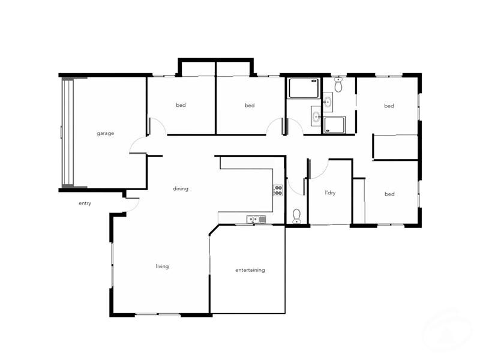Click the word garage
[x=105, y=133]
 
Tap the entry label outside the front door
[x=85, y=203]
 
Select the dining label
[x=181, y=188]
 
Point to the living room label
[x=162, y=266]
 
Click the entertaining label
[x=250, y=270]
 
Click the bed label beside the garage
[x=181, y=105]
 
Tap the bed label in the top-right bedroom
[x=389, y=106]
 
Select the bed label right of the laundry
[x=389, y=194]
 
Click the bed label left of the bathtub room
[x=250, y=106]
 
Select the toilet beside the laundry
[x=296, y=216]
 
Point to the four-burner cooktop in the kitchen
[x=278, y=191]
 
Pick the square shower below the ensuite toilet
[x=334, y=125]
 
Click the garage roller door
[x=67, y=133]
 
